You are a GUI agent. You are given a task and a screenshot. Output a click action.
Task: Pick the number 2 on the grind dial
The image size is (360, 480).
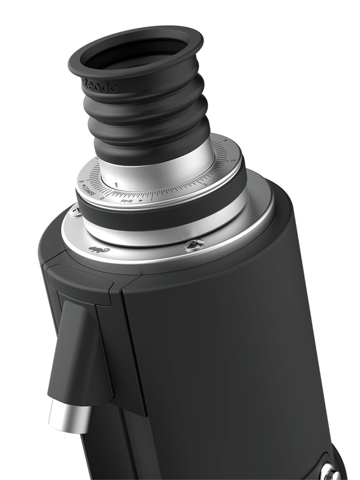coord(204,185)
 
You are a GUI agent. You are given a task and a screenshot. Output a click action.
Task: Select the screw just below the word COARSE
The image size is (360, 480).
coord(75,211)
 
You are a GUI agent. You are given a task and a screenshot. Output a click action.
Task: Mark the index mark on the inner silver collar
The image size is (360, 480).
coord(116,185)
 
